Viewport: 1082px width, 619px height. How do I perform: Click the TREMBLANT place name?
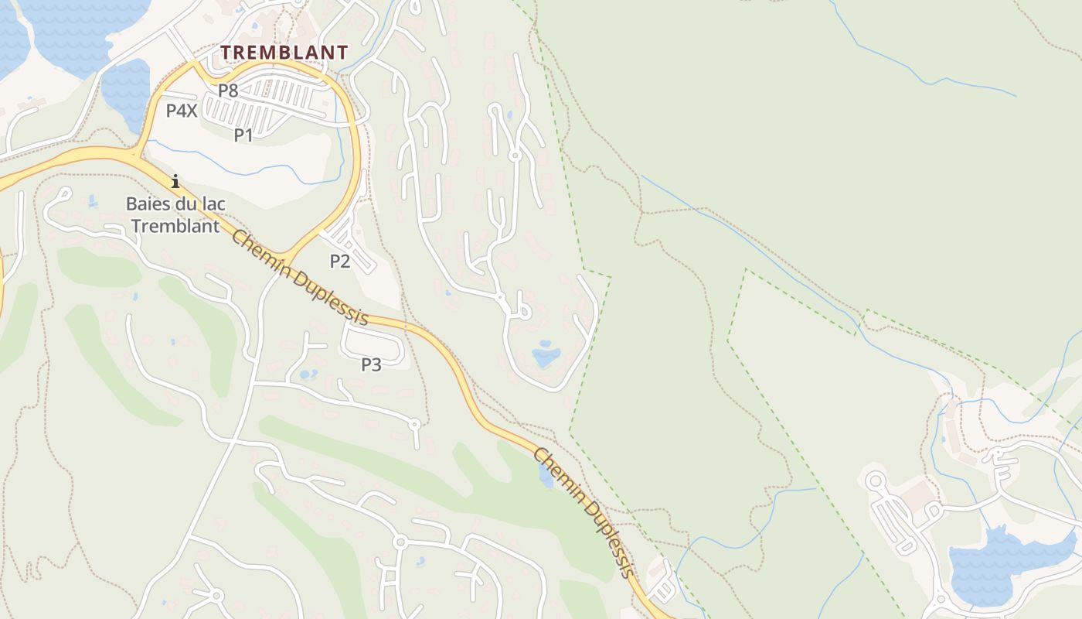284,53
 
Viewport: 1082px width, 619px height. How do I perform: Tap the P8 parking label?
228,91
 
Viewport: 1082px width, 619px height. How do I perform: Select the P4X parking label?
182,111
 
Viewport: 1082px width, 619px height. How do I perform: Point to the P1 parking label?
243,135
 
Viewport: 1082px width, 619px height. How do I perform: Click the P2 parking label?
340,262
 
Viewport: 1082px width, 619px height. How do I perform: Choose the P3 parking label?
372,364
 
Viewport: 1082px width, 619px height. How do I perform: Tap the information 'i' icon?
175,182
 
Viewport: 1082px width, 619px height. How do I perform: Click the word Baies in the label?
148,204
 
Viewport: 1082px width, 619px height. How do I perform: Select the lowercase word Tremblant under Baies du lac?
175,226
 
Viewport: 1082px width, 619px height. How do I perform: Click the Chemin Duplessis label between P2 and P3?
299,277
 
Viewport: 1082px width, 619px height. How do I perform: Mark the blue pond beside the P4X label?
127,89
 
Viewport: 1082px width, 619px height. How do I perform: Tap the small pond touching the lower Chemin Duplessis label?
546,476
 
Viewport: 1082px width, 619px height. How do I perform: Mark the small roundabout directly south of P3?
414,424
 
